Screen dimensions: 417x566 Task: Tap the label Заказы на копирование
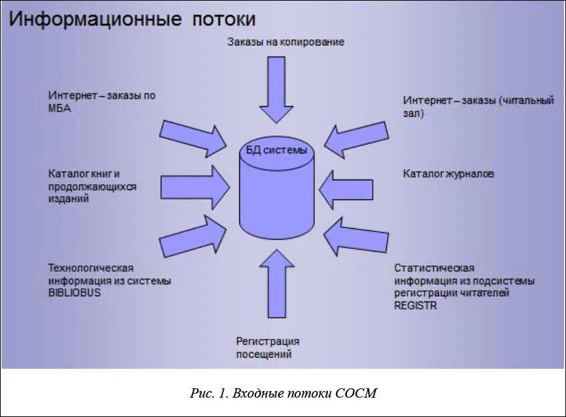(x=285, y=42)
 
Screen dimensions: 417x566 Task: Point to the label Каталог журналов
(x=448, y=174)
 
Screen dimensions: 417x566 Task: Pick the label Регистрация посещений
(x=267, y=348)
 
